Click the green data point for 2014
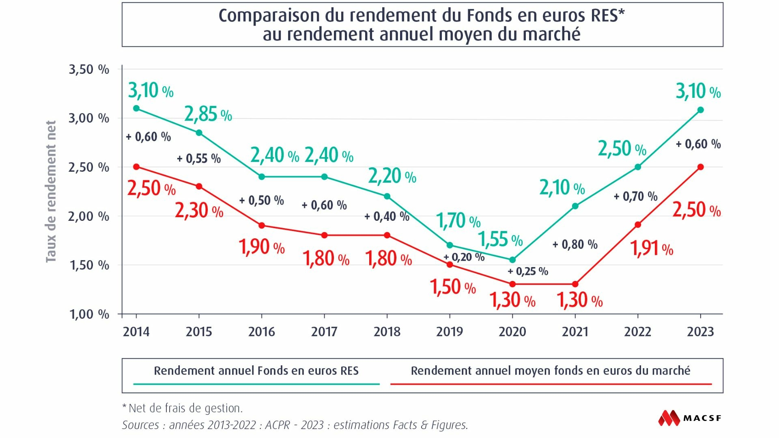(x=136, y=108)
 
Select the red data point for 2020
(x=512, y=284)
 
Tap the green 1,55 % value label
(x=500, y=239)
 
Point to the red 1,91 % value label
(x=652, y=248)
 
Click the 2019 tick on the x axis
(x=450, y=332)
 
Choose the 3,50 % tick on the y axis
(x=89, y=69)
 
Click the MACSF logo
(x=690, y=418)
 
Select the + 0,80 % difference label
(x=575, y=244)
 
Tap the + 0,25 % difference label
(x=528, y=271)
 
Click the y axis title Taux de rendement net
(x=51, y=192)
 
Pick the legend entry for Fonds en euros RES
(x=256, y=371)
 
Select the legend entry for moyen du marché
(x=551, y=371)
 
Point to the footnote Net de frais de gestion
(x=183, y=408)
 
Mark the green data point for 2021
(x=575, y=206)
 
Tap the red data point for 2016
(x=262, y=225)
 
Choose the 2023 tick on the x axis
(x=700, y=332)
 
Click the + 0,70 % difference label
(x=635, y=196)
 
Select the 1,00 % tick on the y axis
(x=89, y=314)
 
